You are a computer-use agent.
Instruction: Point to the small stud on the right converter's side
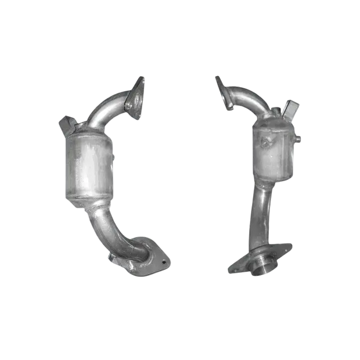click(x=298, y=139)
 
